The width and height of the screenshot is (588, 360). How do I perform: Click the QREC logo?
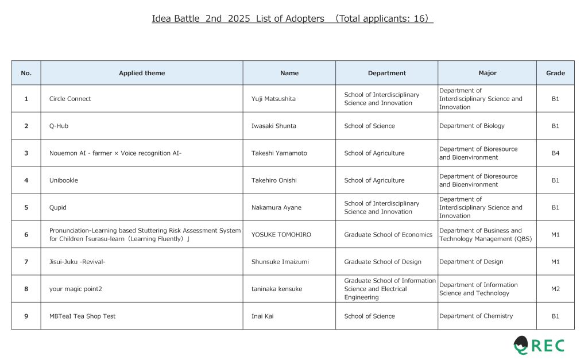(539, 345)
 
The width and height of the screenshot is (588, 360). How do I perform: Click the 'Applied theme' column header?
(142, 73)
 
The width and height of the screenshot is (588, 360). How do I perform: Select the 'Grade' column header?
(555, 73)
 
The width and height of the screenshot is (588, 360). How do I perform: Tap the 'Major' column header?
(488, 73)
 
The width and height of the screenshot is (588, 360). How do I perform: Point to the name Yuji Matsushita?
(273, 99)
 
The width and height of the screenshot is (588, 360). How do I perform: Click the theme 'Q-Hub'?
(59, 126)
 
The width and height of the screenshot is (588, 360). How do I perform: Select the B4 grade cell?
(555, 153)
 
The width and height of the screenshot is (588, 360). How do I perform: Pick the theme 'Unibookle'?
(63, 180)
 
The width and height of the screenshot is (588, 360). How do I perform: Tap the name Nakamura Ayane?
(276, 207)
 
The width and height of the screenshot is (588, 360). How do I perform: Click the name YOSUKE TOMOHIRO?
(281, 234)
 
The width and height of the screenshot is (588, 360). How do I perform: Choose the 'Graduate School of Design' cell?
(382, 262)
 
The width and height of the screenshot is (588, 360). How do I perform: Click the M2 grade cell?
(555, 289)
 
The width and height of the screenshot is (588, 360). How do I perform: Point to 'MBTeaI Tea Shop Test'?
(82, 316)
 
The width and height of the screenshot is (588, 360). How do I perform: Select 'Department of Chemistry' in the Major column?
(476, 316)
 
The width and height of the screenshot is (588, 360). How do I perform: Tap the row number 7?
(26, 262)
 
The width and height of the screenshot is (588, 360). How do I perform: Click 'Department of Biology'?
(472, 126)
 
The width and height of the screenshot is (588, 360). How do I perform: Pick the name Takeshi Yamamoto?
(279, 153)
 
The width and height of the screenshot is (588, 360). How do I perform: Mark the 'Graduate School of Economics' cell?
(388, 234)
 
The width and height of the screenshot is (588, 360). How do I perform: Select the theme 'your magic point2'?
(75, 289)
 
